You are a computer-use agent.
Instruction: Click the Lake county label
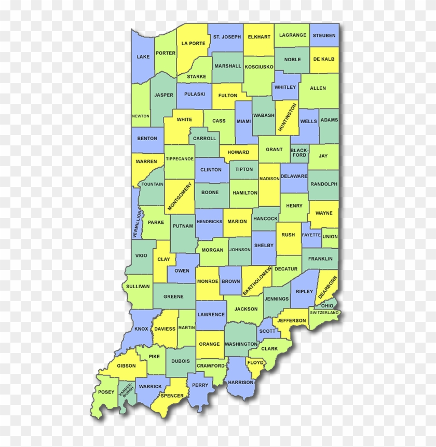pyautogui.click(x=142, y=57)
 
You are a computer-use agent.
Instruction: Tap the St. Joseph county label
pyautogui.click(x=227, y=37)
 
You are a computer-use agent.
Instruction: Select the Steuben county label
pyautogui.click(x=324, y=35)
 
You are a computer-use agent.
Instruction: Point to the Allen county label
pyautogui.click(x=318, y=88)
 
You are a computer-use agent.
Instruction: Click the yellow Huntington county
pyautogui.click(x=287, y=118)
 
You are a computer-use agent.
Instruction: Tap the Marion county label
pyautogui.click(x=237, y=222)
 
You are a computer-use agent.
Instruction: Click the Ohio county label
pyautogui.click(x=327, y=306)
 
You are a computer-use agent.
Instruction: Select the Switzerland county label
pyautogui.click(x=324, y=313)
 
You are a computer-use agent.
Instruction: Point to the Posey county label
pyautogui.click(x=106, y=392)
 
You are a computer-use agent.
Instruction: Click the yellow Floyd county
pyautogui.click(x=255, y=362)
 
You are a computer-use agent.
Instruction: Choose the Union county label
pyautogui.click(x=330, y=237)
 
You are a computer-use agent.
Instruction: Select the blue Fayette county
pyautogui.click(x=311, y=235)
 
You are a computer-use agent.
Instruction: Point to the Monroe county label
pyautogui.click(x=207, y=281)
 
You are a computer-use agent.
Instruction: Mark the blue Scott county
pyautogui.click(x=267, y=331)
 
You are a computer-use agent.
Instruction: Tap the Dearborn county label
pyautogui.click(x=328, y=288)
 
